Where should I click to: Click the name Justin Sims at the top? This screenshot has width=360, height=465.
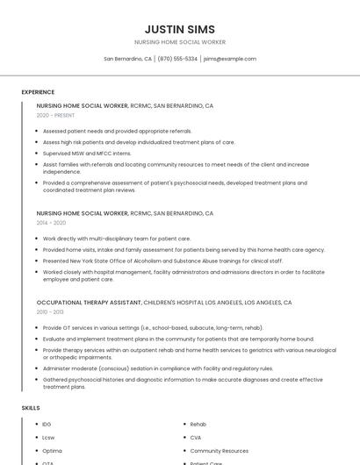[179, 29]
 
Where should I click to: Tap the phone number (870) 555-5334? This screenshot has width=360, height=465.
[177, 59]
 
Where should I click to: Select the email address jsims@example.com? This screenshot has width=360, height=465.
[230, 59]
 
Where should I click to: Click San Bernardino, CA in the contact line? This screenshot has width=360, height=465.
[127, 59]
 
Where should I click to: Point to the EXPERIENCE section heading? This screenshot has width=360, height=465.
[38, 92]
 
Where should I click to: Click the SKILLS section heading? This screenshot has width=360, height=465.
[31, 408]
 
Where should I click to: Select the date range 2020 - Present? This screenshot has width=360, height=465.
[55, 115]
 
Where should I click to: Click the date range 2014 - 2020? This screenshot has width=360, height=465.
[51, 223]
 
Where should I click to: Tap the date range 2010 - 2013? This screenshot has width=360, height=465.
[50, 311]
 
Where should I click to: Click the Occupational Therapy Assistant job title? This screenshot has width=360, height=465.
[89, 302]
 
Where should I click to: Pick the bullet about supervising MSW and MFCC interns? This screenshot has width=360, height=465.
[87, 153]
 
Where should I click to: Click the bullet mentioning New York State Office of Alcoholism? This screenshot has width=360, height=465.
[162, 261]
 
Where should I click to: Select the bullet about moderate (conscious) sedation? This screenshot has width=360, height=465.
[158, 368]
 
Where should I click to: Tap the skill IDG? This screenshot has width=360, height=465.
[47, 425]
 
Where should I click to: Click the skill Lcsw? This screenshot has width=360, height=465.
[48, 438]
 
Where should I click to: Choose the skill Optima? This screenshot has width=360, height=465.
[52, 451]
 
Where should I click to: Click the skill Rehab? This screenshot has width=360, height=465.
[198, 425]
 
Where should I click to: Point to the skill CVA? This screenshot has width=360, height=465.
[196, 438]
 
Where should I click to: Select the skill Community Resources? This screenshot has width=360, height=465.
[220, 451]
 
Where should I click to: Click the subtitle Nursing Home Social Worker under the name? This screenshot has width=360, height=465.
[179, 42]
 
